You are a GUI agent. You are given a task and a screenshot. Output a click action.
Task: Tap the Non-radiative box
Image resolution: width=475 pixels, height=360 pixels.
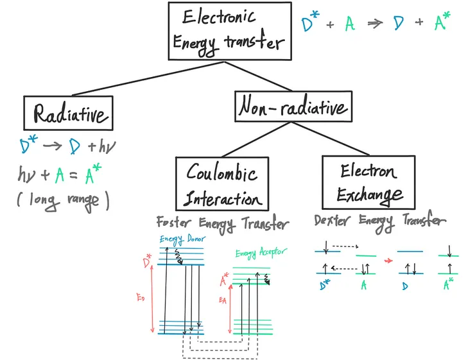(x=293, y=106)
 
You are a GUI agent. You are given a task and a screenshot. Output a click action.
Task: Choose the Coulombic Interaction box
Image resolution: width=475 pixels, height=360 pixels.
(x=221, y=183)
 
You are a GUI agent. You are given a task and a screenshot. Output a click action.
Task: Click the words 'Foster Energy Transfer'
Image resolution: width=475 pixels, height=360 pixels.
(x=222, y=224)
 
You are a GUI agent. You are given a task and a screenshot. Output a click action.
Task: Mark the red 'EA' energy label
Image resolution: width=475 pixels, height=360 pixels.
(x=223, y=300)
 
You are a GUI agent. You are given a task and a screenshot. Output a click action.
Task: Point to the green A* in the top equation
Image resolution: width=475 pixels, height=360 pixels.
(x=441, y=23)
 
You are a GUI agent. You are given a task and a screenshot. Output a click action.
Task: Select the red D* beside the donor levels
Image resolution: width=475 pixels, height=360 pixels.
(x=147, y=263)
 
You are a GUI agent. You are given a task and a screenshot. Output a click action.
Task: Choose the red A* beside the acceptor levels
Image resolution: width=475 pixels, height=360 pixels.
(x=225, y=280)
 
